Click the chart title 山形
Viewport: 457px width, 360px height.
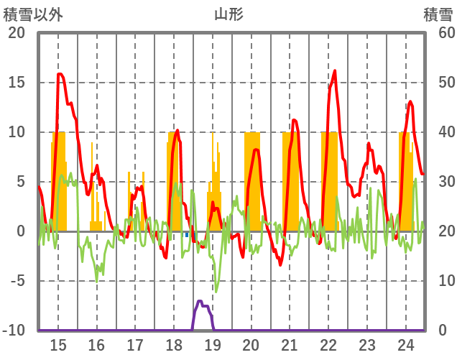tap(228, 14)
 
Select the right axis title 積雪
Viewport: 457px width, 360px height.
tap(438, 14)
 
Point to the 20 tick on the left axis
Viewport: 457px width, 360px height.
tap(16, 33)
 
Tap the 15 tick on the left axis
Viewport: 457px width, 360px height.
tap(16, 83)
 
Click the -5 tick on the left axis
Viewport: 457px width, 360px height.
tap(16, 281)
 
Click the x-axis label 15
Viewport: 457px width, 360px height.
tap(58, 343)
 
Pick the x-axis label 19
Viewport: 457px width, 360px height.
tap(213, 343)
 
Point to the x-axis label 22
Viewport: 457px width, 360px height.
tap(328, 343)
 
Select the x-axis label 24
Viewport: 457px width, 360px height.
tap(405, 343)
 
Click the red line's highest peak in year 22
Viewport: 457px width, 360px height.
tap(335, 70)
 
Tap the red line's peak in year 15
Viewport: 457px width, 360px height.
tap(60, 74)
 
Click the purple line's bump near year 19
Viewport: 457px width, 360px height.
tap(200, 302)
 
